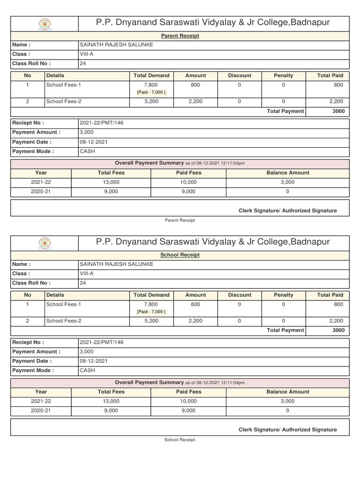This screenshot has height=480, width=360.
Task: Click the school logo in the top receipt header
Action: coord(45,23)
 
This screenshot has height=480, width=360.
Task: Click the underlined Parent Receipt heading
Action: coord(180,36)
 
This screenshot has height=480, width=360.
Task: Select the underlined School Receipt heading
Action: coord(180,255)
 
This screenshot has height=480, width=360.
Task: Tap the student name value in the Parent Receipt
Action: coord(117,45)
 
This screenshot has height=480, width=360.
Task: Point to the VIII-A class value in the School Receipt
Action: coord(87,274)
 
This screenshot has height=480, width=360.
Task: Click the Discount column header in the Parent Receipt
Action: coord(240,75)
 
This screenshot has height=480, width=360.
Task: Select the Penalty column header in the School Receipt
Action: coord(283,295)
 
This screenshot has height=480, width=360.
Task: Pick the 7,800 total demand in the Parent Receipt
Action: coord(151,85)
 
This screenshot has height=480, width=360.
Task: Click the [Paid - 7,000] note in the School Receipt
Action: coord(151,312)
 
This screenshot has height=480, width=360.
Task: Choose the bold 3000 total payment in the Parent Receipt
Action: coord(338,111)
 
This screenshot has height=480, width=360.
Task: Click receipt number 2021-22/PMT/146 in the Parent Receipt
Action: coord(102,123)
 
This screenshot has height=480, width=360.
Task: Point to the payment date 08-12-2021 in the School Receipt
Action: coord(94,361)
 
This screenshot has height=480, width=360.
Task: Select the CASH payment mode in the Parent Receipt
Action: coord(87,151)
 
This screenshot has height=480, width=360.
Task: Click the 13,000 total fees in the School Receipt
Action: coord(111,401)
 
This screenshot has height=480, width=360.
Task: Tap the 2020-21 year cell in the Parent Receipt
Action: coord(41,191)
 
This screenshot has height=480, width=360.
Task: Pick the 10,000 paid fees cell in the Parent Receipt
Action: coord(188,182)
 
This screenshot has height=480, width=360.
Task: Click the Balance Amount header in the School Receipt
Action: coord(288,392)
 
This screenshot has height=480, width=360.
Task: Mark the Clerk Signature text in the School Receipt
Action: coord(287,430)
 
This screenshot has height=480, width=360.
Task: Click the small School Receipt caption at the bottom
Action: coord(180,440)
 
